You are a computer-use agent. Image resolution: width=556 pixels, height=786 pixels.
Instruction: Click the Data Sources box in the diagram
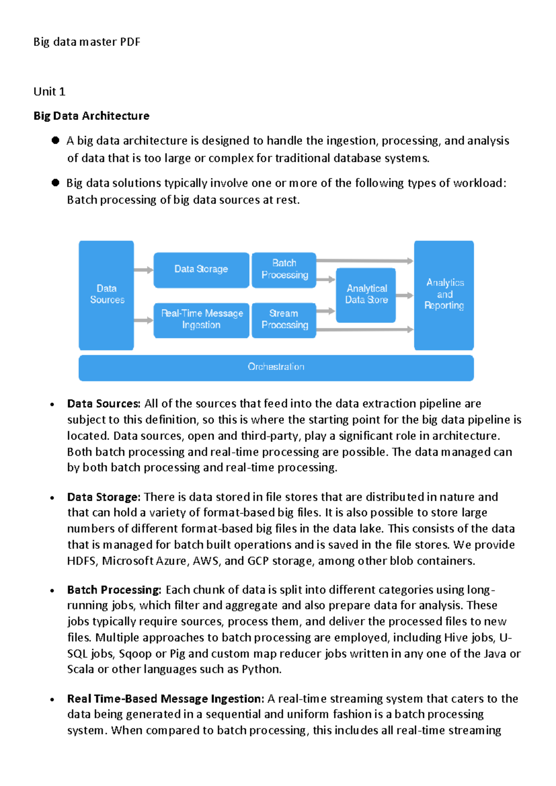(107, 295)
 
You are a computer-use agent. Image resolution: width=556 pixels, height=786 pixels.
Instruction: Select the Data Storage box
(201, 270)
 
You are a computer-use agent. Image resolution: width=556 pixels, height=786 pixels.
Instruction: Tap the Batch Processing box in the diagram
(284, 270)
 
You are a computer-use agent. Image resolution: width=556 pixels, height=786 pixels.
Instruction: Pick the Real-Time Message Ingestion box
(201, 320)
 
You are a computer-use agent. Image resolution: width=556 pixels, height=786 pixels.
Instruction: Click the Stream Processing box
(284, 320)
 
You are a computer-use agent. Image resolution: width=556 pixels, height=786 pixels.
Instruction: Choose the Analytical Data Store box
(366, 295)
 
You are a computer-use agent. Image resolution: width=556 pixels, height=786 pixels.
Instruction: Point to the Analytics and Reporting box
(444, 295)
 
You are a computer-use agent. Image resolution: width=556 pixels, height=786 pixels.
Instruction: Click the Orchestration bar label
(276, 367)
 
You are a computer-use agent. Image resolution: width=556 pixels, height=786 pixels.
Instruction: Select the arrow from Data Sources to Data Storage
(144, 270)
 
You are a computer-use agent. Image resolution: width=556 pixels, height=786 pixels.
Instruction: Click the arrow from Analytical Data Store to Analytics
(404, 295)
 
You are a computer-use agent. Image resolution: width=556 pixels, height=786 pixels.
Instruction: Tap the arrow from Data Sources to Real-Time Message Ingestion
(144, 320)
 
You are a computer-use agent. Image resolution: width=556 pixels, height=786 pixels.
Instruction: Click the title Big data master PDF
(87, 42)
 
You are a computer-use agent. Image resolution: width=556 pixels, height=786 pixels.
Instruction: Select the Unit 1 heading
(49, 92)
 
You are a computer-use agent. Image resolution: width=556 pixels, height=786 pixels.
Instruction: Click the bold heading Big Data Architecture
(91, 116)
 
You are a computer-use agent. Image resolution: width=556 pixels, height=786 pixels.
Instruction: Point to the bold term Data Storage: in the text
(103, 497)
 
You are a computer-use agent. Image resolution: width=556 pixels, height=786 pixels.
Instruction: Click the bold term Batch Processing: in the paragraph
(114, 590)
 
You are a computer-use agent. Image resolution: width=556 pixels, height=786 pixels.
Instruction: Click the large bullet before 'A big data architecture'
(56, 140)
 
